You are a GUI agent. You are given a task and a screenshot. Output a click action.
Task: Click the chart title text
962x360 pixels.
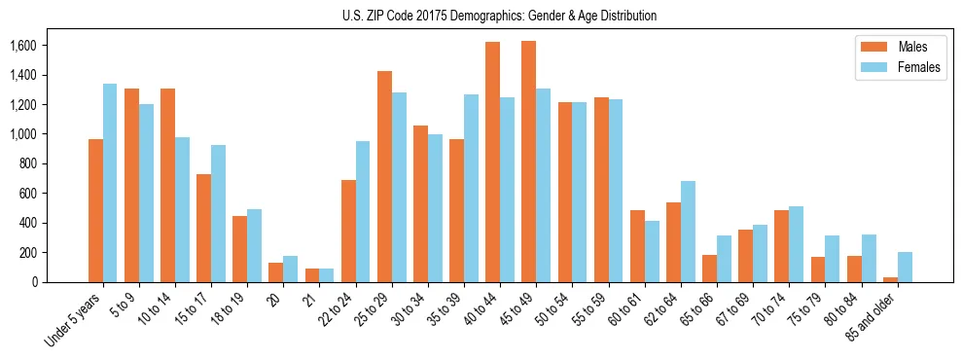pos(499,16)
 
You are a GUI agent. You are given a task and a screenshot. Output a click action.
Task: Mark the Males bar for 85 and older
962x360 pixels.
pos(890,279)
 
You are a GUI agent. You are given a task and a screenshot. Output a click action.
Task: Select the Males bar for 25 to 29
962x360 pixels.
pos(384,176)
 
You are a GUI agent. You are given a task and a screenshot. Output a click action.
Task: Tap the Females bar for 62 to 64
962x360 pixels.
pos(688,232)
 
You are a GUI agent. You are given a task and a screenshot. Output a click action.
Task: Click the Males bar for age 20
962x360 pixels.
pos(275,272)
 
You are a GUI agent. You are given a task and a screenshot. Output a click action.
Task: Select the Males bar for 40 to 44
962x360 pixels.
pos(492,162)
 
